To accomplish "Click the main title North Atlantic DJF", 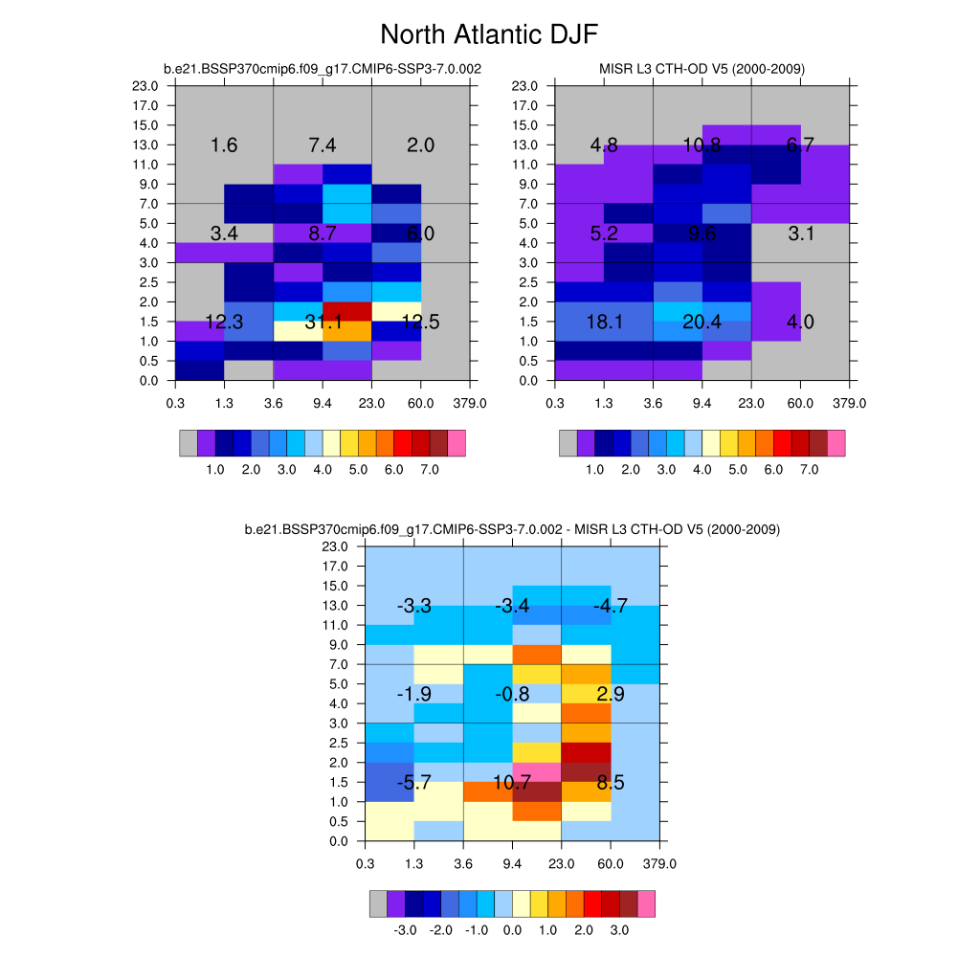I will tap(489, 35).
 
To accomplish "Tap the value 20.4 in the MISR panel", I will tap(702, 323).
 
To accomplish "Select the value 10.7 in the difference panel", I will tap(512, 783).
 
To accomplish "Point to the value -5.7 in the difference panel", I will tap(413, 783).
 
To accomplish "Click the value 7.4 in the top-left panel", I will tap(323, 145).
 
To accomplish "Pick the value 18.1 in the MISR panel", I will tap(604, 323).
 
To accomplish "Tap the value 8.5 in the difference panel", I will tap(610, 783).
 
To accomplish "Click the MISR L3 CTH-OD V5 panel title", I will tap(702, 69).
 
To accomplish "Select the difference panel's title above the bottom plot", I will tap(512, 529).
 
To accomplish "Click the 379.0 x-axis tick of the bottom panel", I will tap(660, 864).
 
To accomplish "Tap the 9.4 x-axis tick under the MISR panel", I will tap(702, 403).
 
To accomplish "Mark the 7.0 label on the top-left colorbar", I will tap(430, 471).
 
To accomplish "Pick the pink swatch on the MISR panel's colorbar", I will tap(836, 442).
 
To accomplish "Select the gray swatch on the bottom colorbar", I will tap(378, 903).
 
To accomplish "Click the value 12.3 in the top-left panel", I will tap(224, 323).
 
